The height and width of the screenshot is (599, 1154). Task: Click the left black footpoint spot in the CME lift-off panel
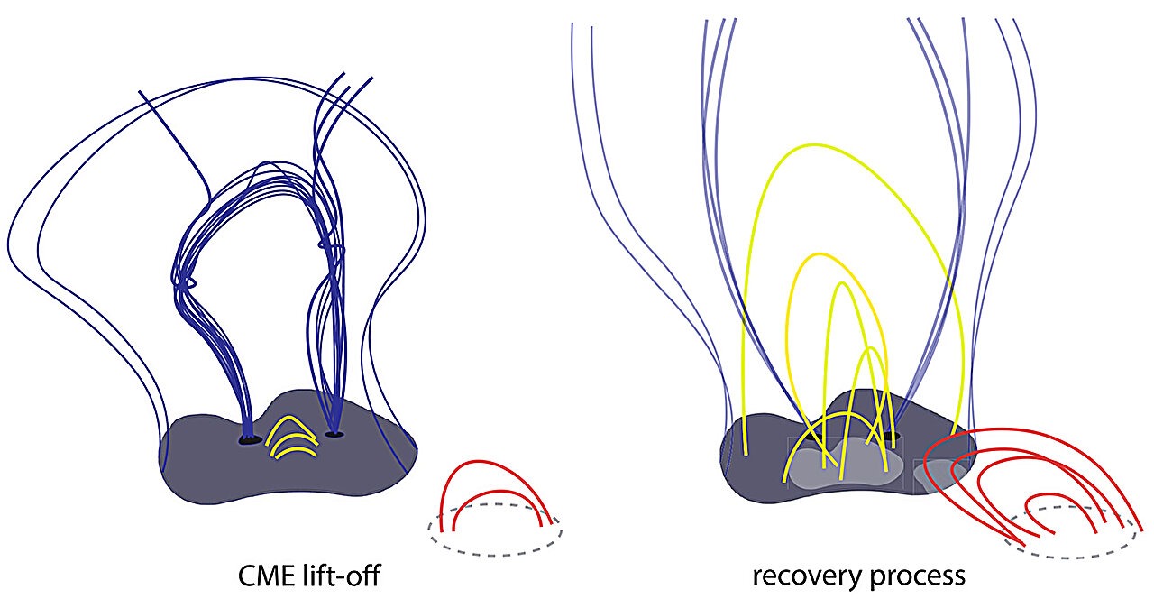[x=250, y=440]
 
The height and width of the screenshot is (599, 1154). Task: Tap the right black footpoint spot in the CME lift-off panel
[x=334, y=435]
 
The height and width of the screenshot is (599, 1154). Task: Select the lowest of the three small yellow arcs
[x=297, y=448]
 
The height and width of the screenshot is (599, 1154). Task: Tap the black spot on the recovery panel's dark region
[x=892, y=437]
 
